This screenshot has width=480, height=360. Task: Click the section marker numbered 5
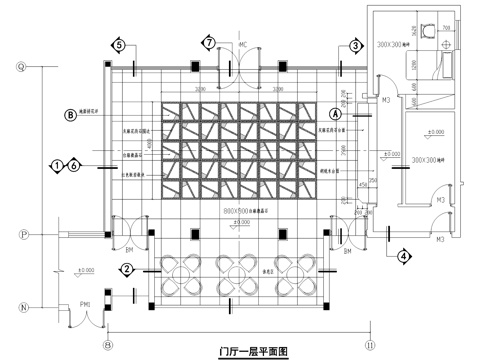118,45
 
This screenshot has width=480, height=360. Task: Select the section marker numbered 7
208,44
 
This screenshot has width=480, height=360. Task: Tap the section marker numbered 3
355,45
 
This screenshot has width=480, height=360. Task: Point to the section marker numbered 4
404,255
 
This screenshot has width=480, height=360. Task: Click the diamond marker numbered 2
127,269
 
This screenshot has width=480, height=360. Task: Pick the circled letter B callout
70,116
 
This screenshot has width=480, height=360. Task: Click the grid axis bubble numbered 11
369,343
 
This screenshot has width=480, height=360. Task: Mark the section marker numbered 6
74,165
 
